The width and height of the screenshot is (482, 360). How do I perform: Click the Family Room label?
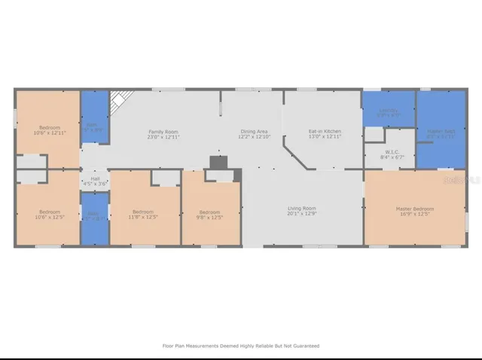pos(163,132)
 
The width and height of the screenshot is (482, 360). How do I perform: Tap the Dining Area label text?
pos(253,132)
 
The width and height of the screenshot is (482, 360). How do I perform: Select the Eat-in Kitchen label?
pos(325,132)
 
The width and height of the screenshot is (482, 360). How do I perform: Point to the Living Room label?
pos(301,208)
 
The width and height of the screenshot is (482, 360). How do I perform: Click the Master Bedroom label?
pos(414,208)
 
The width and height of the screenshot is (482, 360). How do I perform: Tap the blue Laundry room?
pos(388,110)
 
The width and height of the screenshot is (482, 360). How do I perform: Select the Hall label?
pos(95,178)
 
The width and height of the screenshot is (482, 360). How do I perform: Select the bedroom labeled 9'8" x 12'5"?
pos(210,212)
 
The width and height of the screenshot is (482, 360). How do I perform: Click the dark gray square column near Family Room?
pos(218,163)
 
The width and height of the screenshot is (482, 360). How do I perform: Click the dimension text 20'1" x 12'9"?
pos(301,215)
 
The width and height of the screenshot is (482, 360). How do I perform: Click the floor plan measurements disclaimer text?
pos(241,346)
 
